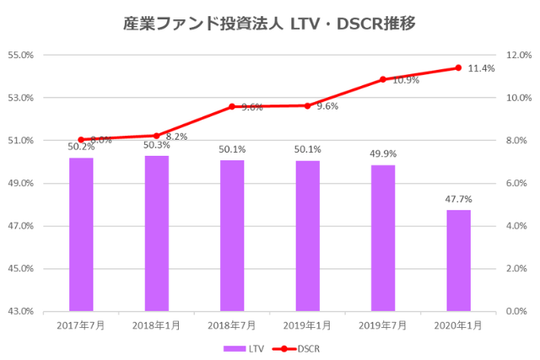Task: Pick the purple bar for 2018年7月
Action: coord(232,235)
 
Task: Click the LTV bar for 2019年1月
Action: coord(307,235)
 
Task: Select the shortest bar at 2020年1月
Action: coord(458,261)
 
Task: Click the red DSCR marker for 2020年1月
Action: coord(458,68)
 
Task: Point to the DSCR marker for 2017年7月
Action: coord(81,140)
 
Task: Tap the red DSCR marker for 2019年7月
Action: coord(383,79)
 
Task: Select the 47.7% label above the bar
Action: coord(458,199)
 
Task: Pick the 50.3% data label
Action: coord(156,145)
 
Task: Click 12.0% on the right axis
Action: coord(516,55)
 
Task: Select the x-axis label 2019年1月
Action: coord(307,324)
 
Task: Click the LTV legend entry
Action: coord(245,347)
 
